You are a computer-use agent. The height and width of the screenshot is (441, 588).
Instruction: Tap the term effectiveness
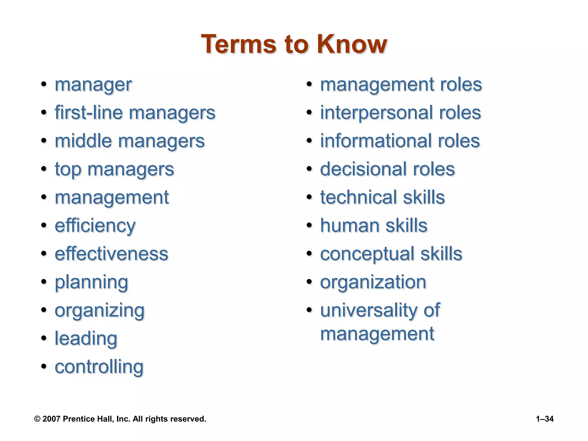click(x=111, y=254)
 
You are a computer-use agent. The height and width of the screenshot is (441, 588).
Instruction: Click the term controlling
click(x=99, y=367)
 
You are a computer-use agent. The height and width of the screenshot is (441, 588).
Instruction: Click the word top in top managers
click(x=68, y=169)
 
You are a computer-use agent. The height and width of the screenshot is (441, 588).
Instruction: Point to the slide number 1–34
click(x=545, y=419)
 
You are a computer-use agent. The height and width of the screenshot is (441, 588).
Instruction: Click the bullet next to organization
click(x=309, y=282)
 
